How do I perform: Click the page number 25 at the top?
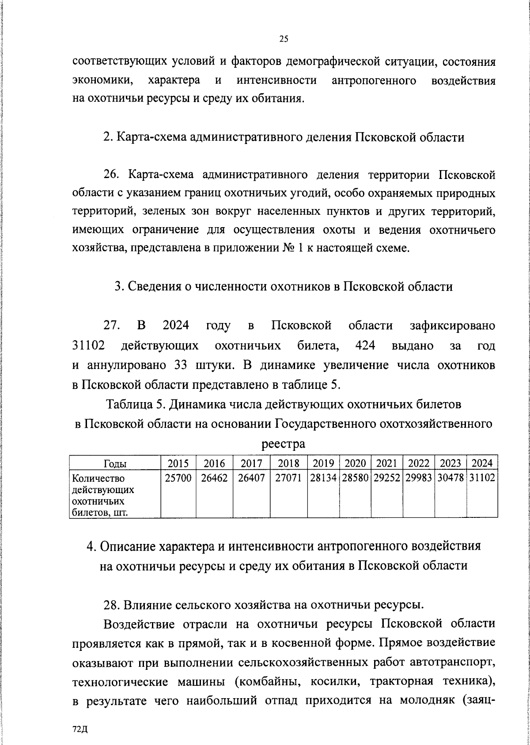click(284, 39)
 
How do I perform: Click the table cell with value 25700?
click(178, 478)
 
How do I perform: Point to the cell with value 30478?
click(450, 478)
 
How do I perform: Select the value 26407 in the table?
click(251, 478)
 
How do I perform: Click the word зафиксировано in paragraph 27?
click(452, 326)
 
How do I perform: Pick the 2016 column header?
click(214, 464)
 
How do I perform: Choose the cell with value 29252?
click(386, 478)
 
